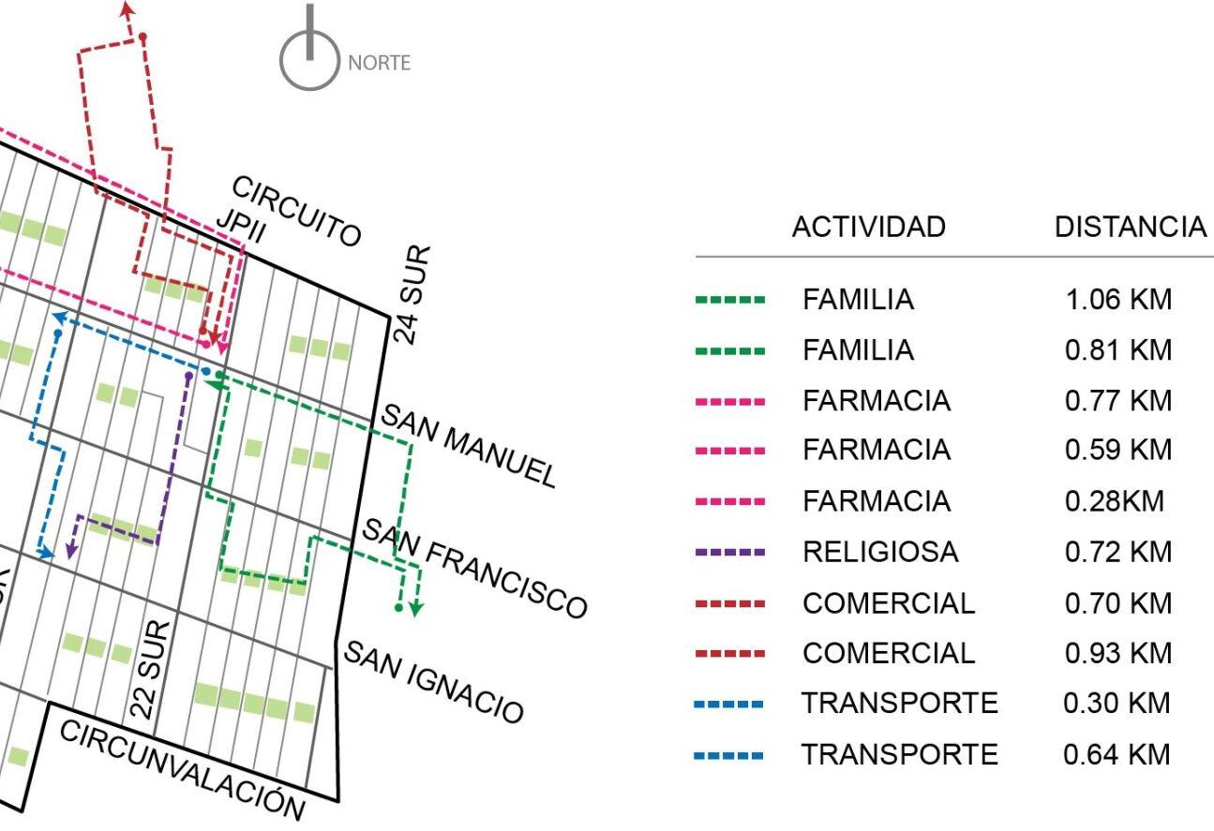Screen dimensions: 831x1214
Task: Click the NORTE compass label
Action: (x=378, y=63)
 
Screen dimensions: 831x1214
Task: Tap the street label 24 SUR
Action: (x=413, y=295)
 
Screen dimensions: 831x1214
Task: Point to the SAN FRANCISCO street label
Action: (x=474, y=567)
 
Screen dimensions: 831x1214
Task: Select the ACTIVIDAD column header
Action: (x=868, y=227)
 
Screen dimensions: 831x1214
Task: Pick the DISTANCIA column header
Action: (x=1130, y=227)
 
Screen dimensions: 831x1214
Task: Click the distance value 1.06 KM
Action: (x=1118, y=300)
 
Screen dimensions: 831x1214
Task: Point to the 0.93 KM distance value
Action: (x=1118, y=654)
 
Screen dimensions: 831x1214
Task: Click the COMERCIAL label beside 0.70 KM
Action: (x=889, y=603)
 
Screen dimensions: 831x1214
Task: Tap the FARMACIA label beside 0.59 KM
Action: (x=877, y=452)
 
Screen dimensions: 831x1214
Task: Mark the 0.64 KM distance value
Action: (x=1118, y=755)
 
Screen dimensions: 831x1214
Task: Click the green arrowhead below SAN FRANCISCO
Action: (x=417, y=610)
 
